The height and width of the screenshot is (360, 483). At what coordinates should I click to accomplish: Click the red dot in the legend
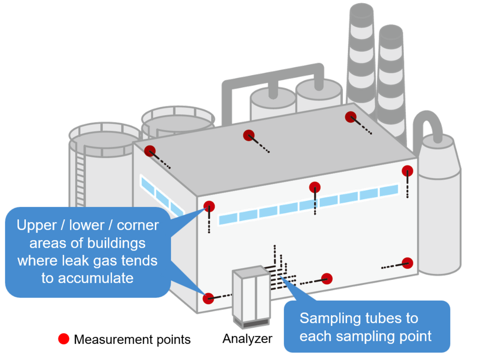click(64, 339)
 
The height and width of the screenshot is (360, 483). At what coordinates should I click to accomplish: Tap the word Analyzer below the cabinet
click(247, 338)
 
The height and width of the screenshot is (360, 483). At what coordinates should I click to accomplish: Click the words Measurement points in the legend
click(132, 339)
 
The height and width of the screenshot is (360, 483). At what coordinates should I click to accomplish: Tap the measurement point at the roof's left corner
click(150, 151)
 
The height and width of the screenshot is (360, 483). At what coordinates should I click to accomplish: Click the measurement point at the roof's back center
click(249, 135)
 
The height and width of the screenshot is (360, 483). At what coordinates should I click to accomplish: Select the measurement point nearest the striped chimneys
click(351, 117)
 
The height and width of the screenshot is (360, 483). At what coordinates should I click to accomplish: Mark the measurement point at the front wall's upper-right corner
click(407, 171)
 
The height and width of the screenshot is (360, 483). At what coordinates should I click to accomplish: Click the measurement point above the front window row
click(315, 187)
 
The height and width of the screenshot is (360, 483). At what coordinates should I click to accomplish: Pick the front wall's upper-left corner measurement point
click(209, 206)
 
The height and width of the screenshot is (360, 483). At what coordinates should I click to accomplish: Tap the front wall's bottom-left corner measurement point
click(208, 298)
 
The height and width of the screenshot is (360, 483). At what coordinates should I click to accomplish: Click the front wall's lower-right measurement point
click(407, 263)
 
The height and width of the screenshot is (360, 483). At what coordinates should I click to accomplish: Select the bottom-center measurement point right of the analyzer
click(326, 278)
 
